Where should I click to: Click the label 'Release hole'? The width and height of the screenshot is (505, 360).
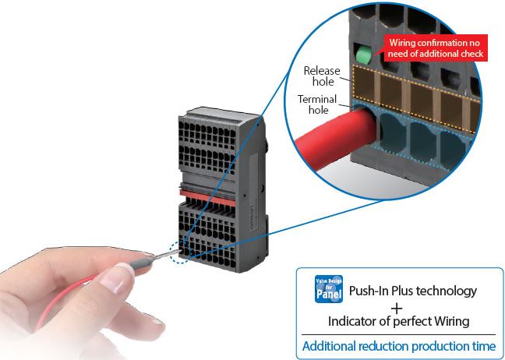pyautogui.click(x=321, y=76)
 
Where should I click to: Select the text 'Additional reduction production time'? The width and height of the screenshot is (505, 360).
pyautogui.click(x=398, y=345)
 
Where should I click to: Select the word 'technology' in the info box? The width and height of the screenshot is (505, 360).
pyautogui.click(x=445, y=291)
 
